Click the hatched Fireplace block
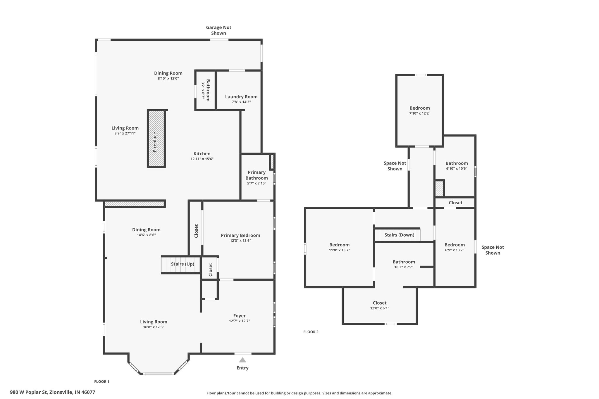tap(156, 139)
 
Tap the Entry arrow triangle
tap(242, 360)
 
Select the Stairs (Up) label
tap(183, 264)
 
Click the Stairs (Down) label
tap(399, 235)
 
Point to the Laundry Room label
tap(241, 97)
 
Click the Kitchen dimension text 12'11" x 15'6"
tap(202, 159)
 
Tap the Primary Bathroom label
tap(257, 175)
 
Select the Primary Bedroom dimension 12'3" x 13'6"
tap(240, 241)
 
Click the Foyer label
tap(239, 316)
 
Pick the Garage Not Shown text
tap(218, 30)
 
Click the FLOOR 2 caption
tap(311, 332)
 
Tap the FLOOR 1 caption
tap(101, 381)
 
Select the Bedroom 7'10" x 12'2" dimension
tap(419, 113)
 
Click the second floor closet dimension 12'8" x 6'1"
tap(380, 308)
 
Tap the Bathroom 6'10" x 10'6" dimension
tap(457, 168)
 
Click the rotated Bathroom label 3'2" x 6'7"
tap(202, 90)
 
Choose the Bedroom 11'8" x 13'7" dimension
tap(339, 250)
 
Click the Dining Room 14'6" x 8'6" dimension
tap(146, 235)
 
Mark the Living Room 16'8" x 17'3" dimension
tap(154, 327)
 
